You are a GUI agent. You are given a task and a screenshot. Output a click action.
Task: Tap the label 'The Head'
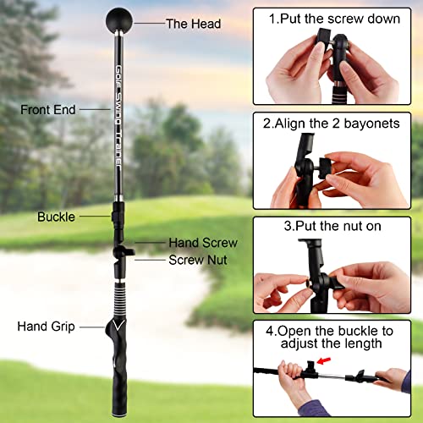click(x=192, y=24)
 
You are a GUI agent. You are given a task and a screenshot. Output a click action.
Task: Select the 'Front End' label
click(x=49, y=109)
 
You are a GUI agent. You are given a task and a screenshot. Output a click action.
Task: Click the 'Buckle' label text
click(x=56, y=217)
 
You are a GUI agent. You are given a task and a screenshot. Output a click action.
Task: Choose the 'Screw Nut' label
click(x=197, y=260)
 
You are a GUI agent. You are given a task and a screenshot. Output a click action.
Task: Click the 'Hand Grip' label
click(x=47, y=326)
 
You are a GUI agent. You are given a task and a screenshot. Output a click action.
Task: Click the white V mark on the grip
click(x=117, y=324)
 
